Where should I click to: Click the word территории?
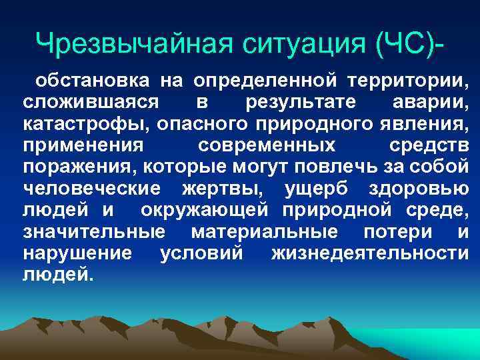point(408,82)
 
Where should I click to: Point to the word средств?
point(428,146)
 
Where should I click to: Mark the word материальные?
point(264,232)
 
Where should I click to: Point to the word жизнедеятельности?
point(370,253)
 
